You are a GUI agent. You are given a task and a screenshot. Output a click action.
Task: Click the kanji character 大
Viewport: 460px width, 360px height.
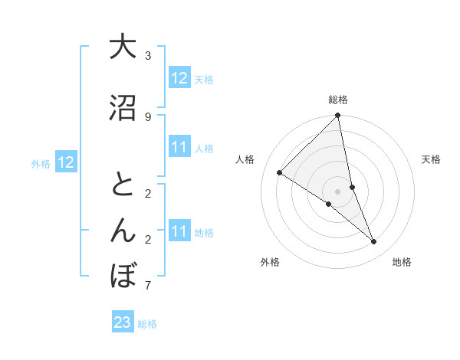click(x=123, y=47)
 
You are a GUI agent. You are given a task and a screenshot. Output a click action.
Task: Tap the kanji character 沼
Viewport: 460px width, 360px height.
click(x=123, y=109)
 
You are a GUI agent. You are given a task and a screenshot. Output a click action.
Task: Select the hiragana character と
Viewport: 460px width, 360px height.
click(x=123, y=185)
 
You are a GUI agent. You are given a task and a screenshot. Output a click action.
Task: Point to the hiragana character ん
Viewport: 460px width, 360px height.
click(x=123, y=231)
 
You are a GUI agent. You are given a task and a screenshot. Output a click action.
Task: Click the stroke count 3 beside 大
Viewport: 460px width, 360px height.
click(x=148, y=56)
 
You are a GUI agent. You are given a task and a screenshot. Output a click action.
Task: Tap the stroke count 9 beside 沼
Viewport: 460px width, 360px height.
click(x=148, y=117)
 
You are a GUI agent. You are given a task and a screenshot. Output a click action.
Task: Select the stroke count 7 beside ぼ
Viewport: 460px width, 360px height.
click(x=148, y=286)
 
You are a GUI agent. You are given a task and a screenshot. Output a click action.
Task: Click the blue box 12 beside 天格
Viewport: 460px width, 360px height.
click(x=179, y=78)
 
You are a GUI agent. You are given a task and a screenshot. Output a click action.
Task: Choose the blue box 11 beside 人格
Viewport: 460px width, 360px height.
click(x=179, y=147)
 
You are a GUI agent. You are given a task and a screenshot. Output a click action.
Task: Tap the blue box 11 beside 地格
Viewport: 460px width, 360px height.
click(x=179, y=231)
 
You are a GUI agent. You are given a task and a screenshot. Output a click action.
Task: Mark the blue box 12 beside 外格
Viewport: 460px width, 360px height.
click(x=65, y=162)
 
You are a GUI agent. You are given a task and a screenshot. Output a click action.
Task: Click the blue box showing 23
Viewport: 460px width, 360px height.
click(x=123, y=323)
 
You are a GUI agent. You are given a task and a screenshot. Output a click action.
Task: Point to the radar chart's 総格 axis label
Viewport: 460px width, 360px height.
click(x=338, y=100)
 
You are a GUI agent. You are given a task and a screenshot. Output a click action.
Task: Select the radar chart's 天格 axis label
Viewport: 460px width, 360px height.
click(x=432, y=159)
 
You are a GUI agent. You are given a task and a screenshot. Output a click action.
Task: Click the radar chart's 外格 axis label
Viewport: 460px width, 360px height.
click(x=270, y=262)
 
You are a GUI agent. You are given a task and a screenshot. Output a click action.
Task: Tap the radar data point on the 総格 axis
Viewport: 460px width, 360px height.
click(x=338, y=116)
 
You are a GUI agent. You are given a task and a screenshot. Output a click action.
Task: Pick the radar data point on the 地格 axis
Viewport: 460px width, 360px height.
click(x=374, y=242)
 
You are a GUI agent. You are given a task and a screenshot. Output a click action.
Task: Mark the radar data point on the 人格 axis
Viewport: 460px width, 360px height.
click(x=280, y=173)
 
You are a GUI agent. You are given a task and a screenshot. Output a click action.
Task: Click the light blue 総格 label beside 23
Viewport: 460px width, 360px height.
click(x=148, y=324)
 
